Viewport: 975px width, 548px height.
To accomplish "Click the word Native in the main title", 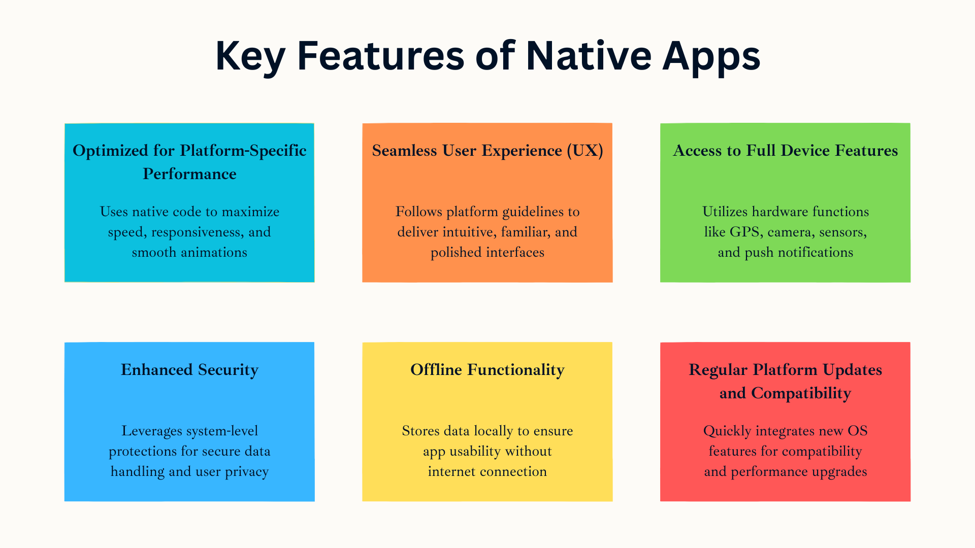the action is click(589, 55).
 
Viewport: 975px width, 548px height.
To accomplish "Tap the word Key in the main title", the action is click(250, 57).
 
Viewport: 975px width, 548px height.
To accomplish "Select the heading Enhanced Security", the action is click(189, 370).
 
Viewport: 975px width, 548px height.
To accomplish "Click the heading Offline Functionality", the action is click(487, 370).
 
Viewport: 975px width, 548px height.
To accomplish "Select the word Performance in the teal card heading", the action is click(189, 174).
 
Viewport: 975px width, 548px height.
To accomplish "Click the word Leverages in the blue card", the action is click(152, 431).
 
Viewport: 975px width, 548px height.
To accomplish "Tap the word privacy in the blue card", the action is click(247, 472).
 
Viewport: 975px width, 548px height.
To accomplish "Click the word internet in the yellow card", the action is click(450, 471).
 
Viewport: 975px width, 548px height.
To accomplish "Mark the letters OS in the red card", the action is click(858, 431).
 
